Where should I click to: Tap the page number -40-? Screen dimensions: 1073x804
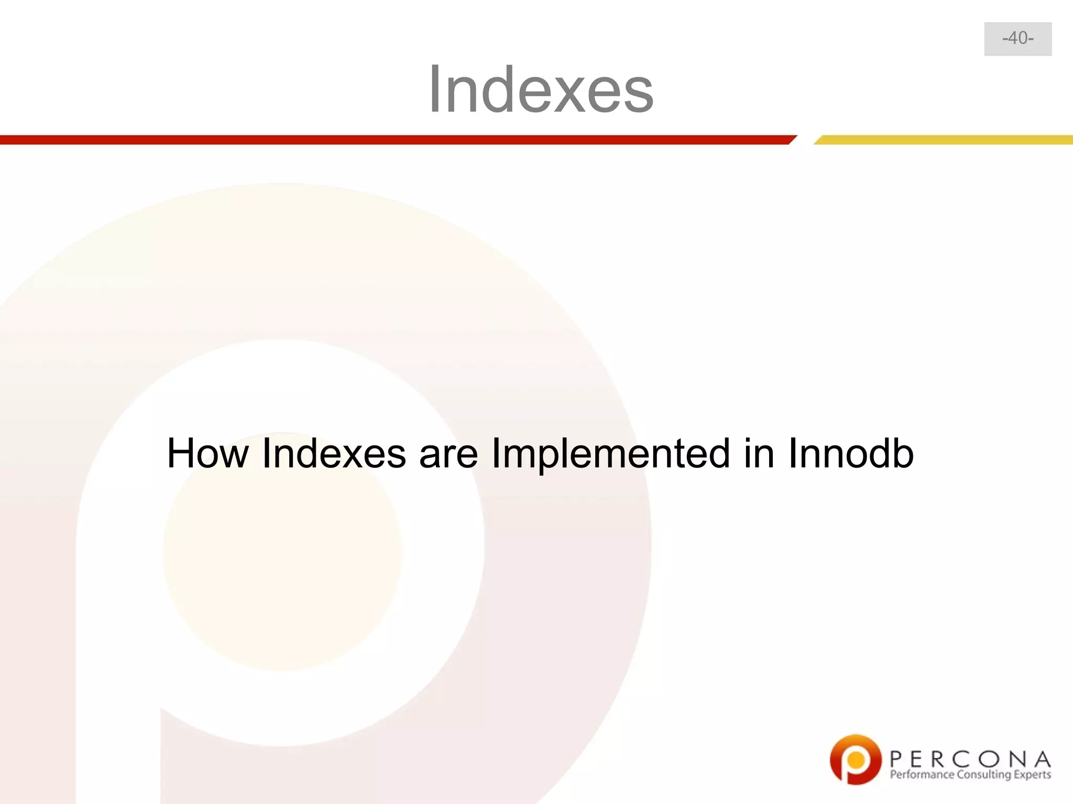click(1017, 39)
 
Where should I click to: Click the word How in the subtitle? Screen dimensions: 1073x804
click(207, 453)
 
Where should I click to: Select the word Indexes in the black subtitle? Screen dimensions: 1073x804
click(334, 453)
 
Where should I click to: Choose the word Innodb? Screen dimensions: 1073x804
click(851, 453)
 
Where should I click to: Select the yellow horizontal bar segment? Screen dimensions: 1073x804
click(943, 140)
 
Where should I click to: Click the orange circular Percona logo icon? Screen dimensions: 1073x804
click(855, 760)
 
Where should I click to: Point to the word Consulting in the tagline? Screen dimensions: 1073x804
click(983, 775)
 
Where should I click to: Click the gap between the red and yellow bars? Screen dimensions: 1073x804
click(805, 140)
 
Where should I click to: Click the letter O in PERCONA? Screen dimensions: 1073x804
click(994, 758)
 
